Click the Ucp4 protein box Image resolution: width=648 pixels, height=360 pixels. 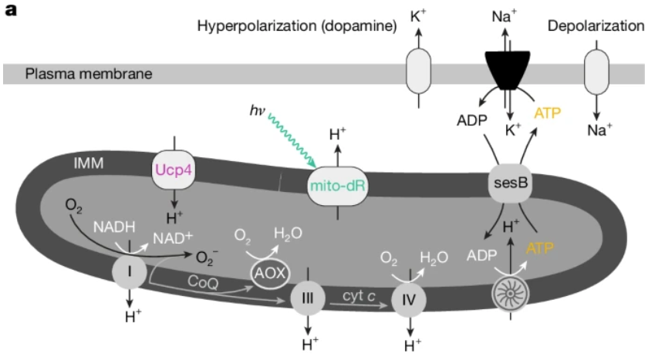[x=174, y=170]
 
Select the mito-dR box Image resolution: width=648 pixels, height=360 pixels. [x=338, y=187]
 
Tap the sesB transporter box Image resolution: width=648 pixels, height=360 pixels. [x=511, y=183]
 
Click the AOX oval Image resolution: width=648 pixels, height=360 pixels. [x=270, y=273]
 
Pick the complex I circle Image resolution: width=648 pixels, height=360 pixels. [x=130, y=271]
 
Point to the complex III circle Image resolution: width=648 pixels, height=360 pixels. [x=308, y=298]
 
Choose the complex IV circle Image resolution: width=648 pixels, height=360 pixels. [x=409, y=300]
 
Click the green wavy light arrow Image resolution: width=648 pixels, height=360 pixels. [x=292, y=140]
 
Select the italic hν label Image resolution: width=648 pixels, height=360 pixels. [x=257, y=111]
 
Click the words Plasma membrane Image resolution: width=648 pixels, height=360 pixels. [x=89, y=74]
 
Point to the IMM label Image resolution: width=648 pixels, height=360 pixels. [x=89, y=163]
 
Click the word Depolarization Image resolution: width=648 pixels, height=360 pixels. [x=596, y=26]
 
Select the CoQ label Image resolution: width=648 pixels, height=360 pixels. [x=203, y=282]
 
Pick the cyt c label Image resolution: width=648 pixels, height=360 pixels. [x=359, y=296]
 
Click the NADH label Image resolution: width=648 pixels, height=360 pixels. [x=114, y=227]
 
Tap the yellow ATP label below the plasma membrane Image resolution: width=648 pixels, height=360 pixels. [x=548, y=113]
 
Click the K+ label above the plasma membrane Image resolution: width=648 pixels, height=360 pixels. [x=418, y=16]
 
